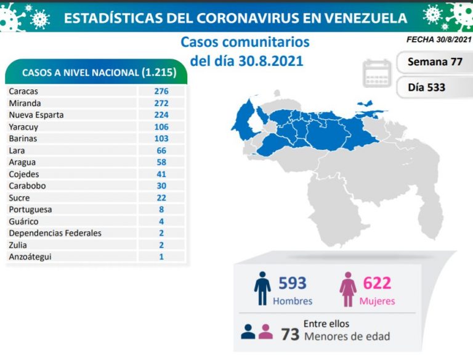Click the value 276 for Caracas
coord(161,91)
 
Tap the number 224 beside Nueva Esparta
coord(161,115)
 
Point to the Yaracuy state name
coord(22,127)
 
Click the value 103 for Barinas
coord(161,139)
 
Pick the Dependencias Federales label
coord(55,233)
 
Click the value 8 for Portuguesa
coord(161,210)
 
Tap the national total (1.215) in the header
coord(159,73)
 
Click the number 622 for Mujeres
coord(376,284)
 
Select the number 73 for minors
coord(290,334)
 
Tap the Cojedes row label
coord(24,174)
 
